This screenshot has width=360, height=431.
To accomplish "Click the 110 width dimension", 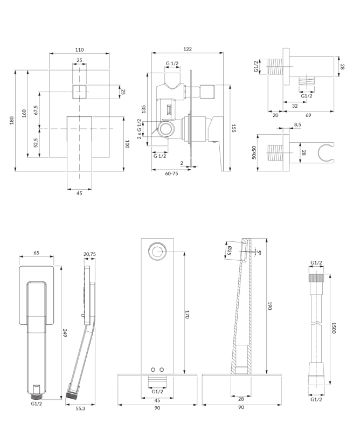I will coord(79,49).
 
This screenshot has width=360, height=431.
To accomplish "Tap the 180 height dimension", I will coord(12,120).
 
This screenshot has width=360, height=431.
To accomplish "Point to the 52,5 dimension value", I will coord(36,143).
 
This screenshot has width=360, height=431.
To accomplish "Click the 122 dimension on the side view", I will coord(187,49).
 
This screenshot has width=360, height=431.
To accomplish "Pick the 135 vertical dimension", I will coord(144,108).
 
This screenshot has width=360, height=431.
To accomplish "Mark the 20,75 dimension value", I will coord(90,254).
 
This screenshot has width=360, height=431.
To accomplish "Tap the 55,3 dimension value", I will coord(80,409).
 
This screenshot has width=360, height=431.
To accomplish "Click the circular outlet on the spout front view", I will coord(158,251).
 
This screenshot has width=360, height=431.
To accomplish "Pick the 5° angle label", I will coord(259,252).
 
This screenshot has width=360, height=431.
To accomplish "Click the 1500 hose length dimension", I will coord(334,329).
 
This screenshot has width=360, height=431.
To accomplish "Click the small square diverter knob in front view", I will coord(79,92).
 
